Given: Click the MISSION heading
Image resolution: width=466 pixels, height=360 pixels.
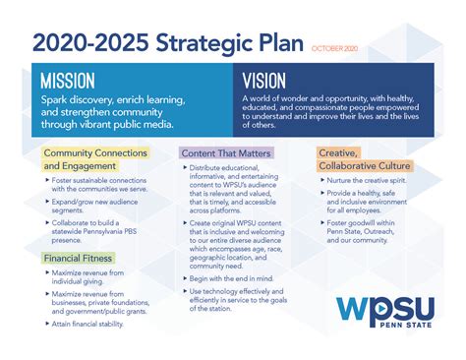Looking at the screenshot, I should click(69, 80).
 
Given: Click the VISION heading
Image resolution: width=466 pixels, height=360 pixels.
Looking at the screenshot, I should click(265, 80).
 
